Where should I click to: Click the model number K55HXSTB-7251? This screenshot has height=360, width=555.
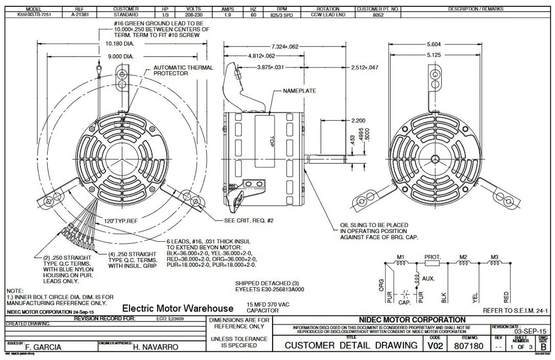(x=34, y=14)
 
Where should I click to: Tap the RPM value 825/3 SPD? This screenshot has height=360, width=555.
(x=282, y=14)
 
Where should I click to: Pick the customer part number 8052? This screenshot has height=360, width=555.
(x=378, y=14)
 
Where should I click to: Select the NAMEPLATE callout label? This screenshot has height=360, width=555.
(x=300, y=91)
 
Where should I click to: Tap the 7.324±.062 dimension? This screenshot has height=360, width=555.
(x=285, y=47)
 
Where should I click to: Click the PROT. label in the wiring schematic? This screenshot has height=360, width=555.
(x=432, y=257)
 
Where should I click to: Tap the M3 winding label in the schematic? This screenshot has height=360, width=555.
(x=494, y=257)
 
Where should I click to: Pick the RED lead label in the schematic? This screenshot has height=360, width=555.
(x=506, y=297)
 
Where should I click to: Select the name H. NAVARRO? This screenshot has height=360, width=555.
(x=155, y=347)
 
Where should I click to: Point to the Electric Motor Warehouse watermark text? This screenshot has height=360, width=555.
(x=178, y=308)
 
